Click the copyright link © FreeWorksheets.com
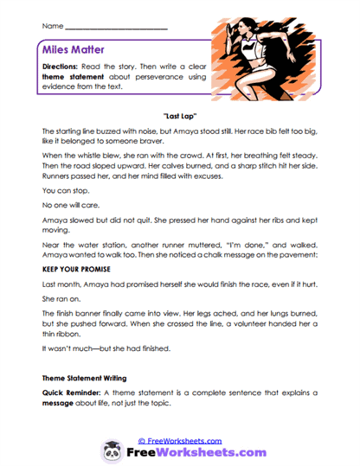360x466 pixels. tap(180, 439)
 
